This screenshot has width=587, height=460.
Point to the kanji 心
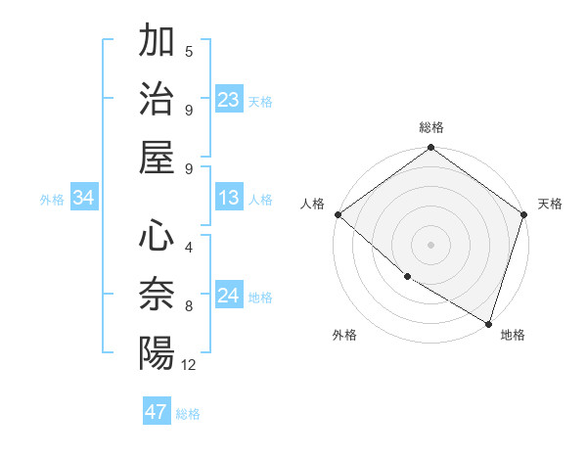tap(157, 236)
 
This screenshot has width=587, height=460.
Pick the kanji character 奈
tap(157, 295)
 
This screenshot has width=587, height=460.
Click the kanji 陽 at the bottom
tap(157, 352)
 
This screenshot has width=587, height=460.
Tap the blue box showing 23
tap(229, 99)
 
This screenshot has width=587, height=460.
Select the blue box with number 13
tap(229, 198)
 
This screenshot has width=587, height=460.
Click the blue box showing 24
tap(229, 296)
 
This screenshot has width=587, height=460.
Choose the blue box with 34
tap(84, 198)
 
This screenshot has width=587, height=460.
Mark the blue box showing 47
tap(157, 412)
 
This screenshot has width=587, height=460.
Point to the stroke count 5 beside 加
tap(189, 51)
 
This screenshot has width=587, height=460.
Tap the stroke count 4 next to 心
tap(189, 247)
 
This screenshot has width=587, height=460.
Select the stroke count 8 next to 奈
tap(189, 305)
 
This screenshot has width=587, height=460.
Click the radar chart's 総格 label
tap(431, 127)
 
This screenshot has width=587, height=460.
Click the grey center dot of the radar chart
tap(431, 244)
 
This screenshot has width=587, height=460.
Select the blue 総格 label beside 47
tap(188, 414)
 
